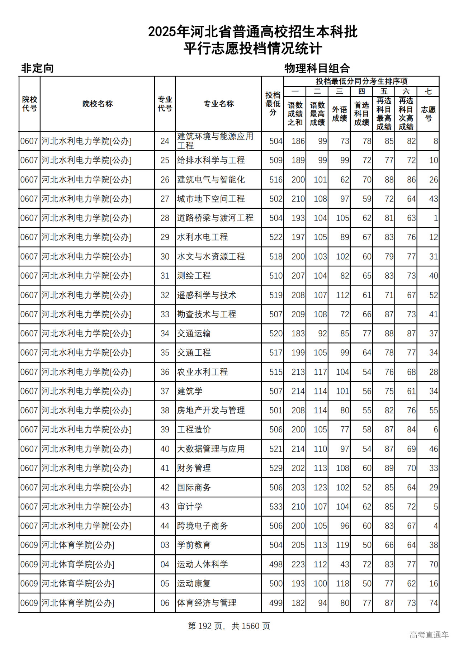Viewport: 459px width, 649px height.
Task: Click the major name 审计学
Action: tap(190, 507)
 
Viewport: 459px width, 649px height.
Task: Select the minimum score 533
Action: tap(276, 507)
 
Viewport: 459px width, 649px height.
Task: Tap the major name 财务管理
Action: tap(194, 468)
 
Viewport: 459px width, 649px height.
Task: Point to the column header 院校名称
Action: tap(97, 104)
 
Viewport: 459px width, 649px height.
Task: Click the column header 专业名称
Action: tap(218, 104)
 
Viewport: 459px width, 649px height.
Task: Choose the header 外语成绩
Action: tap(339, 114)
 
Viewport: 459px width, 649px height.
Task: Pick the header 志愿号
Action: tap(428, 114)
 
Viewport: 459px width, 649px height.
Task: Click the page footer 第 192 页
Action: tap(205, 626)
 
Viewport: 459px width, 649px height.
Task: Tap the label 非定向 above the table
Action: tap(37, 68)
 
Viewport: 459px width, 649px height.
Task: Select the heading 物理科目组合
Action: tap(317, 68)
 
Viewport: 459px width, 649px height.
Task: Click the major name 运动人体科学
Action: tap(202, 564)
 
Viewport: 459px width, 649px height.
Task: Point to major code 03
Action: tap(165, 545)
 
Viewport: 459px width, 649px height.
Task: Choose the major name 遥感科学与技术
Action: tap(207, 295)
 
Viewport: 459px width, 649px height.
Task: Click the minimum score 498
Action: tap(276, 564)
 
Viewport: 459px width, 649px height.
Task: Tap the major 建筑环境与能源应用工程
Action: tap(215, 141)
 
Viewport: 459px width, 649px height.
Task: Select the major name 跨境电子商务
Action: tap(202, 526)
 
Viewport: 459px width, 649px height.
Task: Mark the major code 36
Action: tap(165, 372)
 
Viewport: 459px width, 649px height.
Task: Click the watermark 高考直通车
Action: tap(429, 635)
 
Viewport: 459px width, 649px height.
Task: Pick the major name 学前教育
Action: tap(194, 545)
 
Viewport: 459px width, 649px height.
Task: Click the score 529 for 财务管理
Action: tap(276, 468)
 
